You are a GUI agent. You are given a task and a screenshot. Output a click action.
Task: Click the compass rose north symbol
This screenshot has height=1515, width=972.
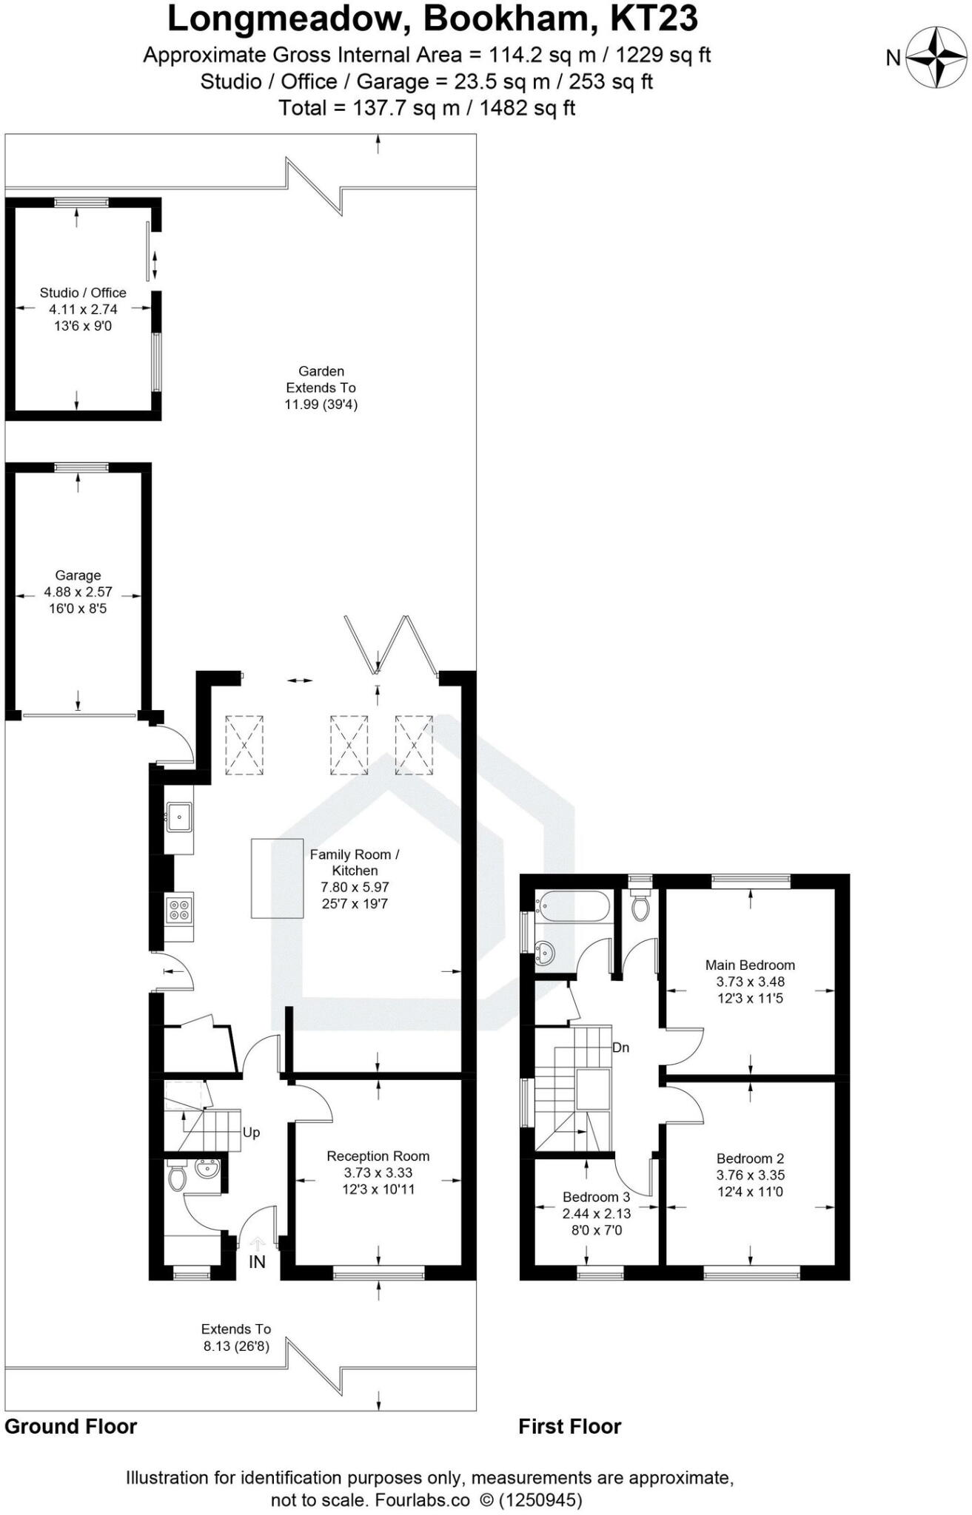[937, 57]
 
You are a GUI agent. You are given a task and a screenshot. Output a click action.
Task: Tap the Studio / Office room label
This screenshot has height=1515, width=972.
[83, 293]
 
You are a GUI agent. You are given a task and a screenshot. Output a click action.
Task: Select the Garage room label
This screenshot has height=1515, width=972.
[78, 576]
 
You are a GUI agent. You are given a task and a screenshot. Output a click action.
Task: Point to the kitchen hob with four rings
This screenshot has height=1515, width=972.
[179, 909]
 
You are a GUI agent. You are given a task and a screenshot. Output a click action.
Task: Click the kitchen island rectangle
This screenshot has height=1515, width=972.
[277, 878]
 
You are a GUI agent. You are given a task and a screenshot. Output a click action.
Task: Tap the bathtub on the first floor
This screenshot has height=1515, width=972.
[574, 905]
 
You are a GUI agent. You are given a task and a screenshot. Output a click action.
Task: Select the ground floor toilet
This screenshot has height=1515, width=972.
[176, 1178]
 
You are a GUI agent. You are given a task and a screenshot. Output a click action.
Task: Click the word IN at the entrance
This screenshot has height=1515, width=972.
[257, 1262]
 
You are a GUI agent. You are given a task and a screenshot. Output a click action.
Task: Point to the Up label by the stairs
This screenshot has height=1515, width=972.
[251, 1133]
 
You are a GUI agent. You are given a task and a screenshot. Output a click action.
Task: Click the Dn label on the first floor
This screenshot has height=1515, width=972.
[620, 1047]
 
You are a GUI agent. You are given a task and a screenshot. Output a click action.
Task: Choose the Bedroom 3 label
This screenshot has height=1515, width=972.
[596, 1197]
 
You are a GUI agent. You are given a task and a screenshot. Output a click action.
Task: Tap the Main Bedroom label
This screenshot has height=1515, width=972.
[750, 965]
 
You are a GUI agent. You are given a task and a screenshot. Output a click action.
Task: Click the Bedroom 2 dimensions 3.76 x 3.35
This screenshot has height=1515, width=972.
[750, 1175]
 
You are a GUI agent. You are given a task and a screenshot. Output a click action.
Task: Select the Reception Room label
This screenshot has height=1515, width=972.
[378, 1156]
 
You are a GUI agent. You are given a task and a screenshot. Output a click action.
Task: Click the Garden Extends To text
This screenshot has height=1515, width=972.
[321, 379]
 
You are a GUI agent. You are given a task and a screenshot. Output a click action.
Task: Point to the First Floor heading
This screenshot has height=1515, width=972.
[569, 1426]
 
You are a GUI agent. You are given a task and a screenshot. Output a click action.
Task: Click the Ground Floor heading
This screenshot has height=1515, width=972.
[71, 1426]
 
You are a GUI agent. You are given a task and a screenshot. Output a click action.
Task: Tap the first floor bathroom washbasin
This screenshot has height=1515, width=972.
[546, 954]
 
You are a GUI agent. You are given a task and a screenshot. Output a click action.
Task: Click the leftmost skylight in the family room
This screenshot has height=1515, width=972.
[244, 745]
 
